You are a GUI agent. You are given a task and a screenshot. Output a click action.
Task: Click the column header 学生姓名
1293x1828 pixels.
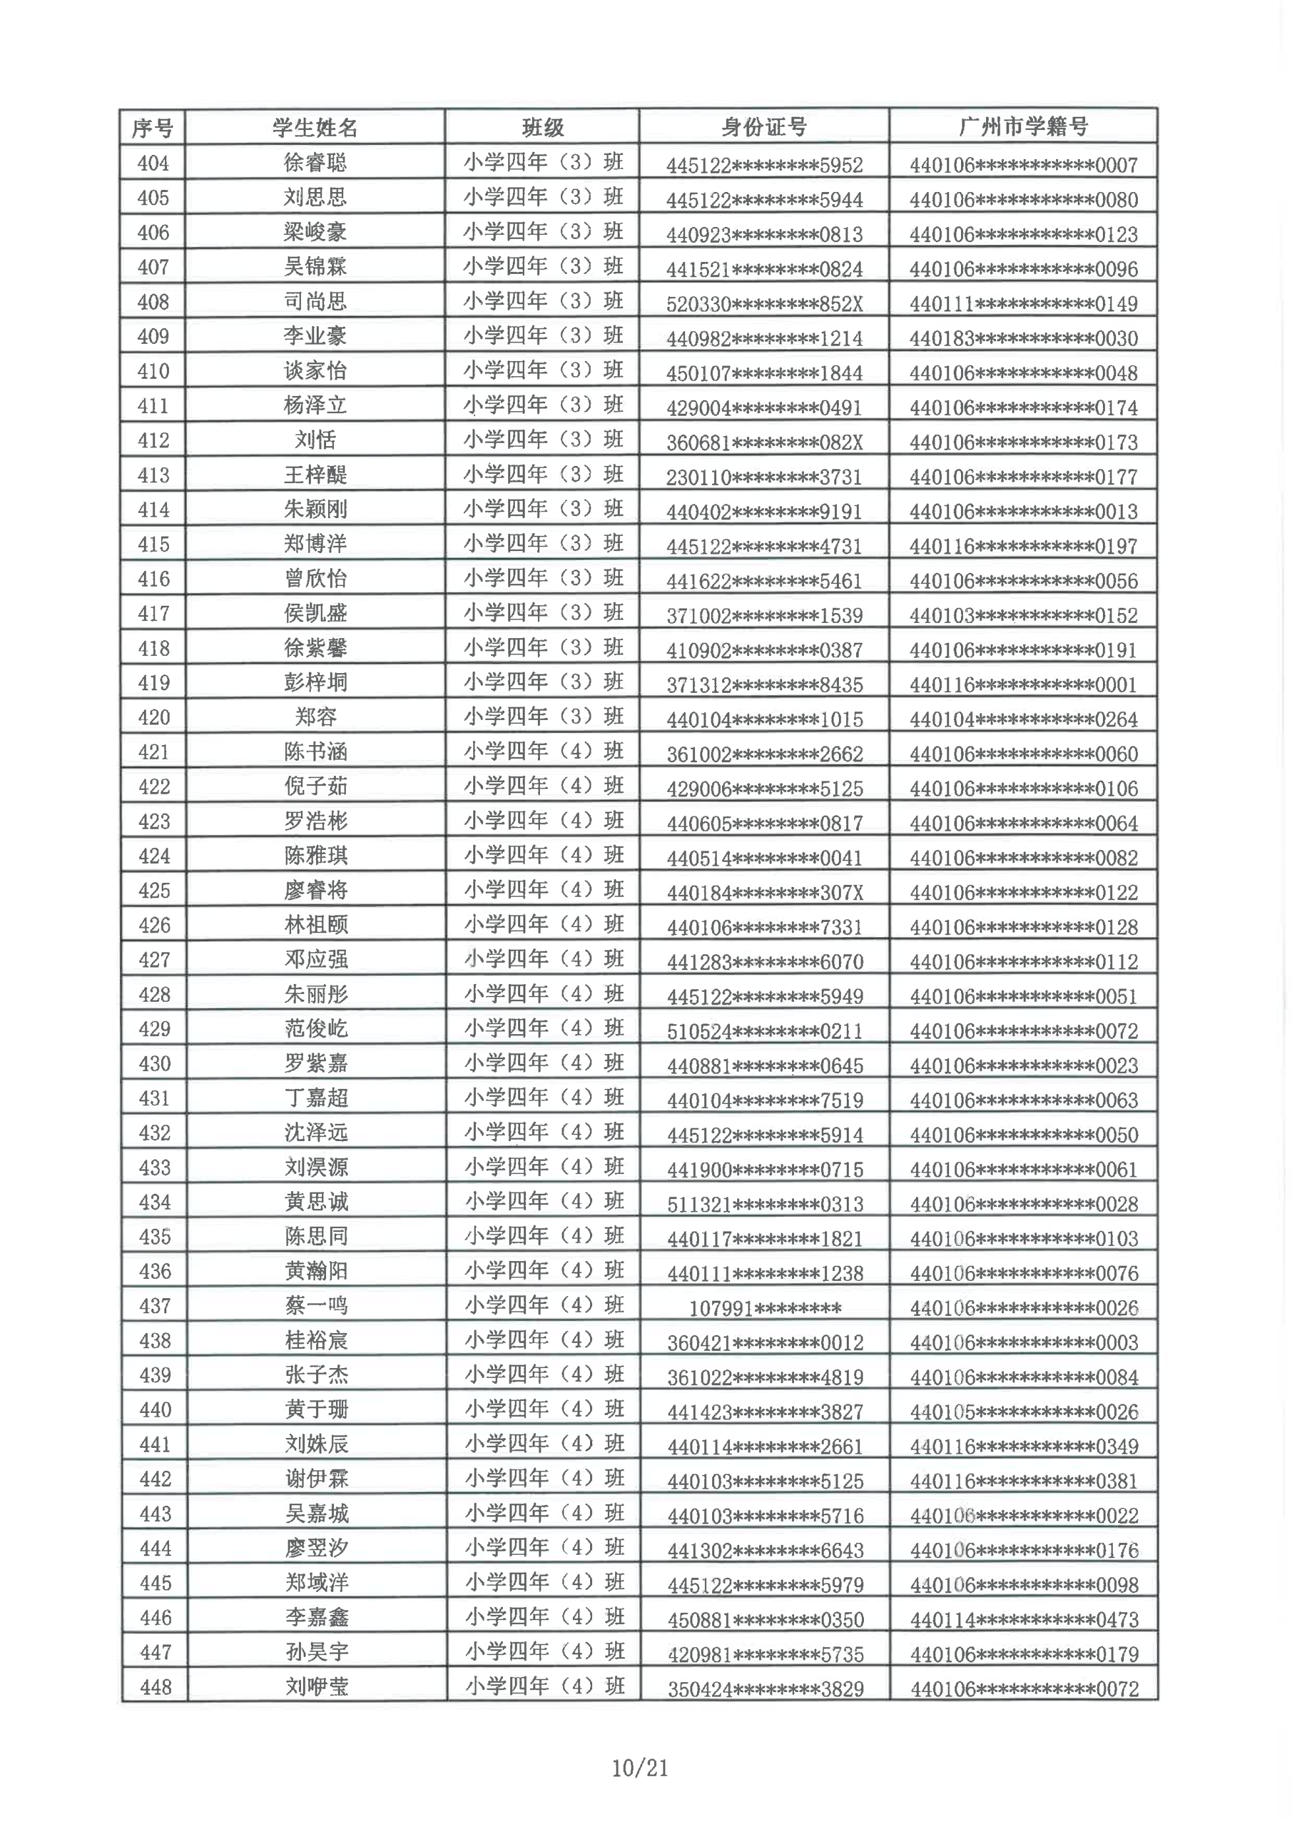pos(315,127)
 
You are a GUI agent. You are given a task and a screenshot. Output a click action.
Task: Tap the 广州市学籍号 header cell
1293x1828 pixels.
pos(1023,127)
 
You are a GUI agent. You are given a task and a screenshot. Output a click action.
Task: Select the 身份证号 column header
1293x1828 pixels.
pos(764,127)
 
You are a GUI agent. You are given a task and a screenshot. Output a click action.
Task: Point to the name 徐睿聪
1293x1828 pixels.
pos(315,163)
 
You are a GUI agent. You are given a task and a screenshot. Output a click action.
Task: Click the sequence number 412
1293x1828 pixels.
pos(153,440)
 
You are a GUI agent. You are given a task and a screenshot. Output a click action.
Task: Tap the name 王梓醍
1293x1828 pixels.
pos(315,475)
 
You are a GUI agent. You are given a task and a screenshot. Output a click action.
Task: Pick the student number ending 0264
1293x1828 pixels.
pos(1024,719)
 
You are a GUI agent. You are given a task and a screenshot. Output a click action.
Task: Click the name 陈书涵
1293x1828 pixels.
pos(315,752)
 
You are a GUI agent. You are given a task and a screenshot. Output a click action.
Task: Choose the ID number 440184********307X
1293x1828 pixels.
pos(765,892)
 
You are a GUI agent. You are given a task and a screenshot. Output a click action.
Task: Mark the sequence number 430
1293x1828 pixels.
pos(154,1064)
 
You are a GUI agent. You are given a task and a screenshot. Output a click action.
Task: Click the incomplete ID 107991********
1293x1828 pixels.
pos(765,1308)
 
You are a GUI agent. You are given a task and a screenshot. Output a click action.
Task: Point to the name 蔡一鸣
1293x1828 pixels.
pos(316,1306)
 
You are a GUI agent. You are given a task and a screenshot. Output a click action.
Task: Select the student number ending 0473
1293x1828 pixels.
pos(1024,1619)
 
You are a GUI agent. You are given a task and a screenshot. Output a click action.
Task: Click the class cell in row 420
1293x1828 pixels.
pos(543,717)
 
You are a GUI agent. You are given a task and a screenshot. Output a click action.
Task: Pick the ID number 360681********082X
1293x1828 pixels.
pos(764,442)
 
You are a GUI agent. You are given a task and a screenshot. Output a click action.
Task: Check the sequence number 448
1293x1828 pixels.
pos(155,1687)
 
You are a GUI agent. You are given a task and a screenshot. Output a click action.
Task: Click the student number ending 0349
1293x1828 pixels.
pos(1024,1446)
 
